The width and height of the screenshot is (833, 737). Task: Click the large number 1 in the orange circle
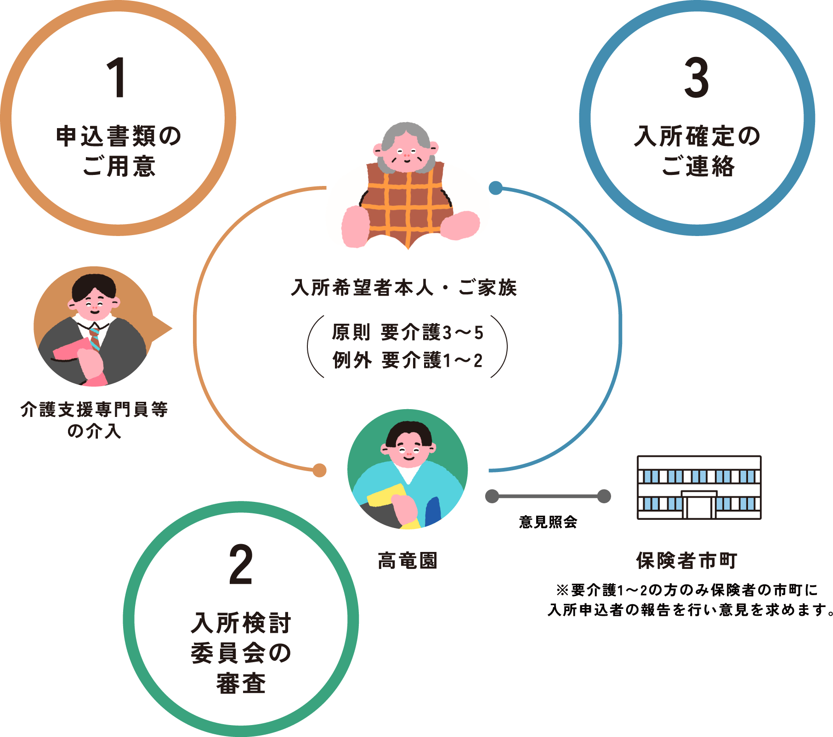point(117,78)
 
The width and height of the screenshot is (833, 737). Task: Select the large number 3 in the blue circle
point(697,78)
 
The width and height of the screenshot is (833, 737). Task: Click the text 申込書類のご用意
point(119,151)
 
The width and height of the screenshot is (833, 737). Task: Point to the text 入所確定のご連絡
point(697,151)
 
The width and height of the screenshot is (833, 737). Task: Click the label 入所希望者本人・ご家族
point(404,288)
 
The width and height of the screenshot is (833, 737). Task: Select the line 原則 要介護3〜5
point(408,332)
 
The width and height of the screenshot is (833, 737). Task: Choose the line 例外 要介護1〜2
point(408,360)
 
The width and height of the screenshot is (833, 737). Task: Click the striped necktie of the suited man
point(95,339)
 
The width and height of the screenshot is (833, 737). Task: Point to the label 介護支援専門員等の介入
point(94,420)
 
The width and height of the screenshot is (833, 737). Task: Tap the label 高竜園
point(408,561)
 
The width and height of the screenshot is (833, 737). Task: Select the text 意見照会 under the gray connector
point(548,522)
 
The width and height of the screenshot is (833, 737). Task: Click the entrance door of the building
point(699,506)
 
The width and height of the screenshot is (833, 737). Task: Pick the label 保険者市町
point(686,561)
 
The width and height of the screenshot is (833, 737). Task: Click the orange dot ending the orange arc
point(319,470)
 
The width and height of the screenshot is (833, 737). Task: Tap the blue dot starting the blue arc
point(495,188)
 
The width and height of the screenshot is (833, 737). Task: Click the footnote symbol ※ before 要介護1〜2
point(562,590)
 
